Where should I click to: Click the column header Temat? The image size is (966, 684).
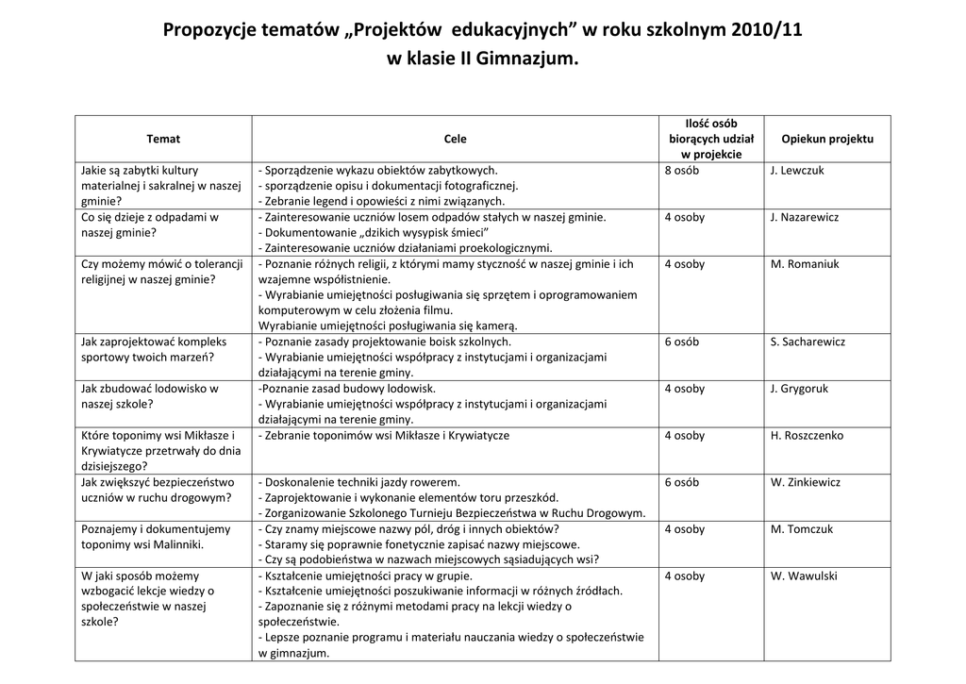point(163,139)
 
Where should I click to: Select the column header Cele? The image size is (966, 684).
point(455,139)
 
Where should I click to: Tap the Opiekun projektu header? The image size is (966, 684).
point(827,139)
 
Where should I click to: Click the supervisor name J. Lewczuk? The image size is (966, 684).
point(796,171)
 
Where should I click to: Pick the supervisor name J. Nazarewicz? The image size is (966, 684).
point(804,217)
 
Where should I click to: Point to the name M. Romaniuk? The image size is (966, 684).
point(804,264)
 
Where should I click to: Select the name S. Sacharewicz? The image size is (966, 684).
point(808,342)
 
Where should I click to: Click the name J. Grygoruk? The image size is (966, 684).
point(800,389)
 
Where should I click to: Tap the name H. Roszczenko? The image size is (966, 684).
point(807,436)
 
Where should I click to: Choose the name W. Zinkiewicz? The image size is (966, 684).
point(805,482)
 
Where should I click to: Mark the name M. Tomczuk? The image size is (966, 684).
point(802,529)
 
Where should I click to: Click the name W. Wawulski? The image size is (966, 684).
point(803,576)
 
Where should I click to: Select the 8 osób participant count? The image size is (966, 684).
point(681,171)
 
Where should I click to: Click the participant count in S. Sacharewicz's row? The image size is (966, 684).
point(681,342)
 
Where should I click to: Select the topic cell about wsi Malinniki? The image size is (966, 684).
point(156,537)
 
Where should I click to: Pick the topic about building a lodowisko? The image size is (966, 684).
point(150,396)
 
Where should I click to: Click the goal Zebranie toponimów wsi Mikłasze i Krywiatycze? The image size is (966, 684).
point(384,436)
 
